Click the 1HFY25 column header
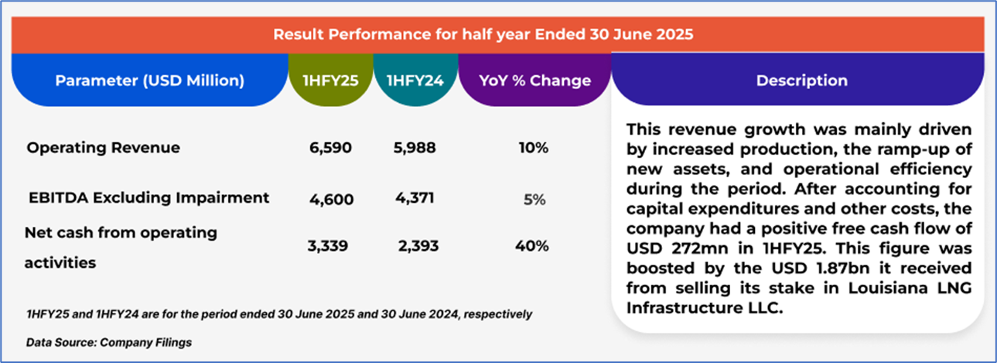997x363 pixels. coord(330,80)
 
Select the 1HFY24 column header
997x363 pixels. coord(415,80)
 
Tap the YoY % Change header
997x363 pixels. coord(534,80)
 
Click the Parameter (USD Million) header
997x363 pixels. coord(150,80)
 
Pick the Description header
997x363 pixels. coord(801,80)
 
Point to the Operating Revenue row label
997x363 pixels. coord(103,148)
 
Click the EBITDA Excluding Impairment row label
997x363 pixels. coord(149,197)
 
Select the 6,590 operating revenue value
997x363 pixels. coord(330,148)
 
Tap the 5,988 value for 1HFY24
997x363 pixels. coord(415,148)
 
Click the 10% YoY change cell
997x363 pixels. coord(534,148)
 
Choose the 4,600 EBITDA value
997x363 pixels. coord(332,199)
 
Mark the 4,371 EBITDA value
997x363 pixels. coord(414,198)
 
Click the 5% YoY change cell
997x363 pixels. coord(534,199)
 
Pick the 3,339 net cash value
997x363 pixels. coord(328,246)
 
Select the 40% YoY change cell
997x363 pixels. coord(532,246)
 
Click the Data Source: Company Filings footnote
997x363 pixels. coord(109,341)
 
